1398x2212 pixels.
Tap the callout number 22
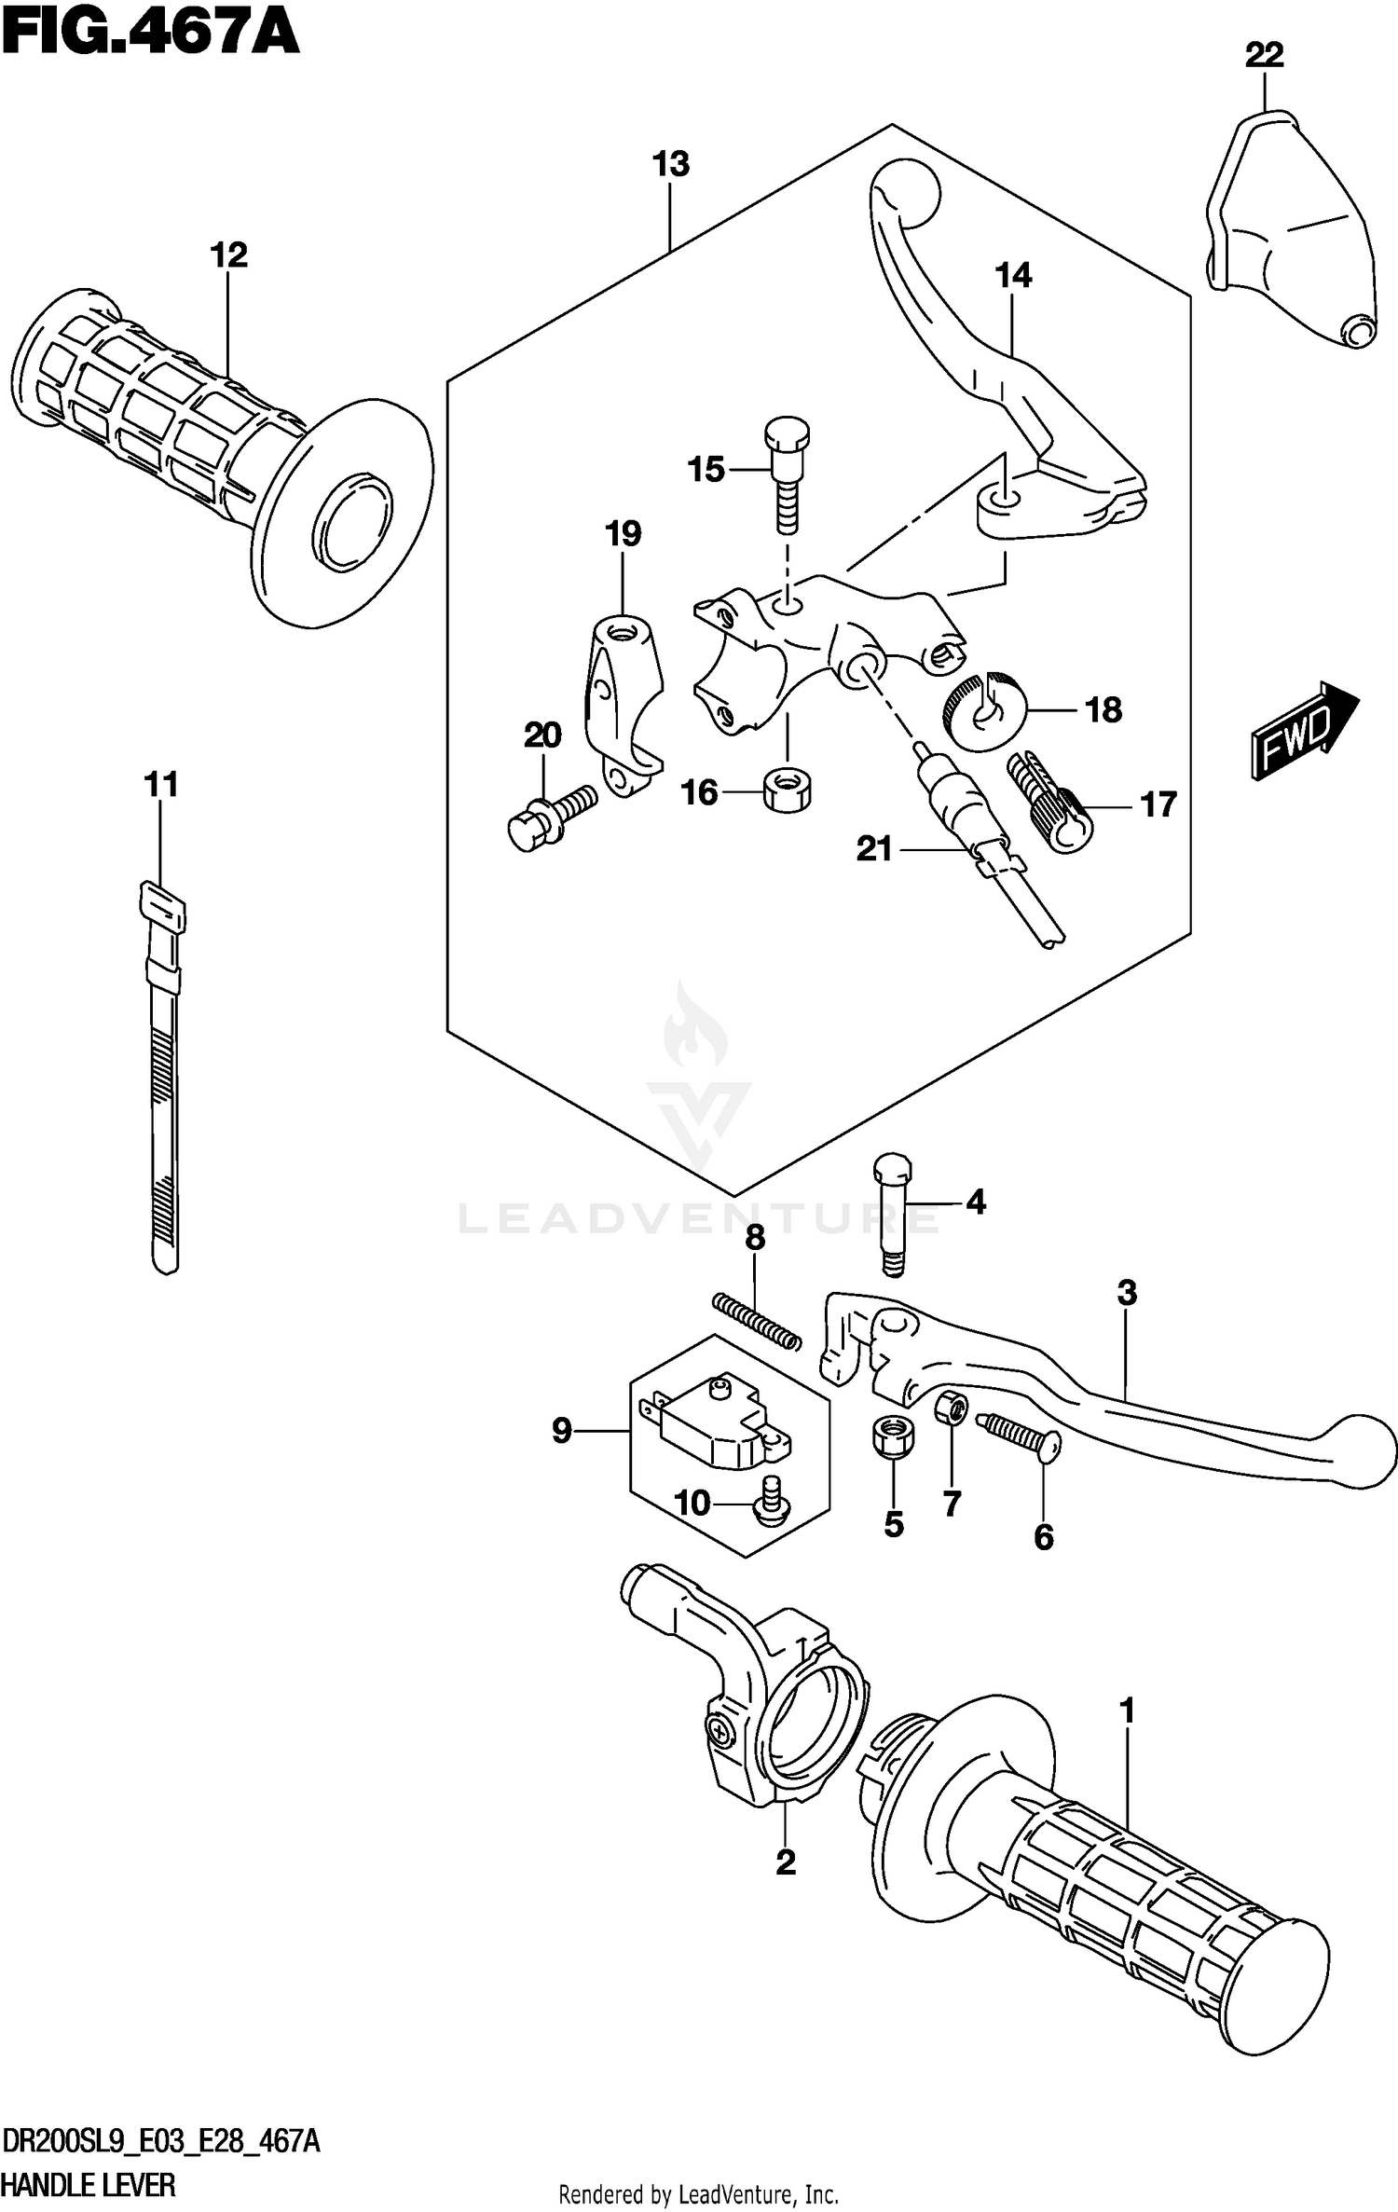click(x=1264, y=56)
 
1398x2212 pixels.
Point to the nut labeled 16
click(x=786, y=790)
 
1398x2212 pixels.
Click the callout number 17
click(x=1158, y=804)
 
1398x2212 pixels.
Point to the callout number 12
click(x=229, y=254)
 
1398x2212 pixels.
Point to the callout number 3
click(x=1126, y=1294)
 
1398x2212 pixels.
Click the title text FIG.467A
click(x=149, y=34)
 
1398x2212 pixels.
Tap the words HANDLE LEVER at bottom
click(x=89, y=2183)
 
